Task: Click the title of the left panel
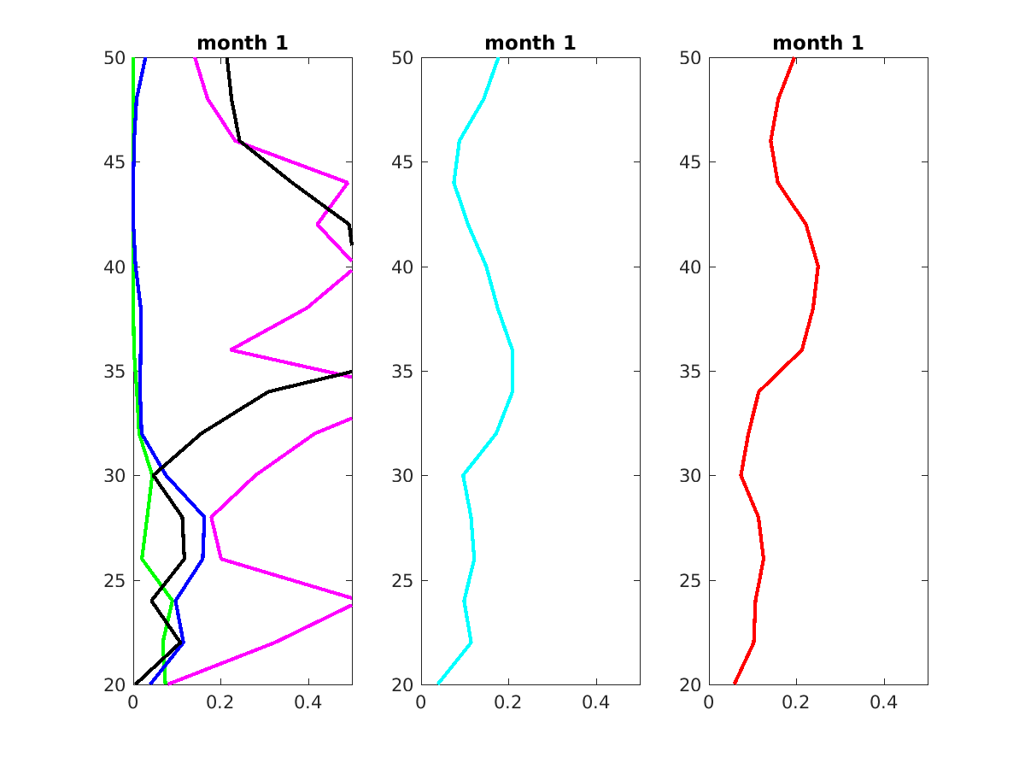pyautogui.click(x=243, y=43)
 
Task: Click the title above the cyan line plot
pyautogui.click(x=530, y=43)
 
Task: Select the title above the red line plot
pyautogui.click(x=818, y=43)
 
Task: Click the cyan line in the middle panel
pyautogui.click(x=486, y=267)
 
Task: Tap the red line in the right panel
pyautogui.click(x=802, y=350)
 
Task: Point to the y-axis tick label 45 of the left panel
pyautogui.click(x=115, y=162)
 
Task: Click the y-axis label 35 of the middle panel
pyautogui.click(x=403, y=372)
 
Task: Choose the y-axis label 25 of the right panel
pyautogui.click(x=691, y=581)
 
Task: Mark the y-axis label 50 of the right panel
pyautogui.click(x=691, y=58)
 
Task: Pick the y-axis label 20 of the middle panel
pyautogui.click(x=403, y=684)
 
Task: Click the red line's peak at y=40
pyautogui.click(x=818, y=267)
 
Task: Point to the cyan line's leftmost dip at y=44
pyautogui.click(x=454, y=183)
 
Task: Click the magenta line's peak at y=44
pyautogui.click(x=347, y=183)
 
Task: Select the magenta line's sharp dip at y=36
pyautogui.click(x=231, y=349)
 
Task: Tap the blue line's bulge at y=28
pyautogui.click(x=204, y=517)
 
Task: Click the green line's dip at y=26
pyautogui.click(x=142, y=558)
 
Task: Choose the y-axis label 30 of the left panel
pyautogui.click(x=115, y=476)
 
